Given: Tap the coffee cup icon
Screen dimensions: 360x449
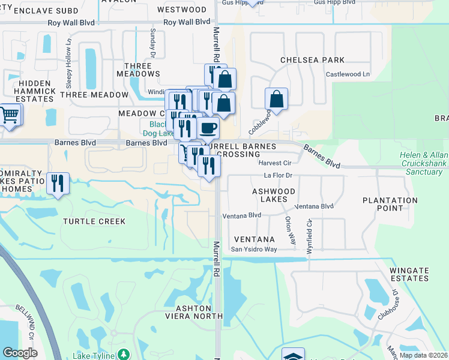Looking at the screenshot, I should tap(208, 128).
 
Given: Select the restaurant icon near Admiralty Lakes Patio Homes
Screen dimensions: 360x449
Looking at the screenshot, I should tap(58, 183).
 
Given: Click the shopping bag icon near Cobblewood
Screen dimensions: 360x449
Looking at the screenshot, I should tap(276, 99).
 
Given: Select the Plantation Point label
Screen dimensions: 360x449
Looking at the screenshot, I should tap(390, 204).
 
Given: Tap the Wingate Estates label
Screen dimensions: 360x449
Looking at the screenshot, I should tap(409, 274).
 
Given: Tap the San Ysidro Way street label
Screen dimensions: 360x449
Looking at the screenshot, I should tap(255, 249).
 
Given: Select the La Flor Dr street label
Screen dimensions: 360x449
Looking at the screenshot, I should tap(278, 176).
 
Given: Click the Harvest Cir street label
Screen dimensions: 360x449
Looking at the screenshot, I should tap(274, 163).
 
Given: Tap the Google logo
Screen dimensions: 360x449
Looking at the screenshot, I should tap(20, 353).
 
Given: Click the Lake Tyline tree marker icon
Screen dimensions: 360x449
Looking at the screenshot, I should tap(124, 355).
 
